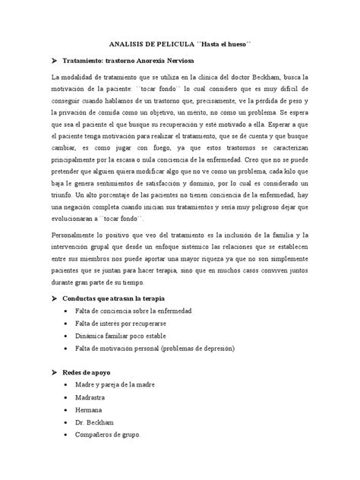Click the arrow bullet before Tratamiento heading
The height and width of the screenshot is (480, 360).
coord(53,59)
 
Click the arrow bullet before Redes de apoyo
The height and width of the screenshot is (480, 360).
coord(53,374)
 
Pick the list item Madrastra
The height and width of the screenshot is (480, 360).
coord(91,399)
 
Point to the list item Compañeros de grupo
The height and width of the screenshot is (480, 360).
coord(109,437)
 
